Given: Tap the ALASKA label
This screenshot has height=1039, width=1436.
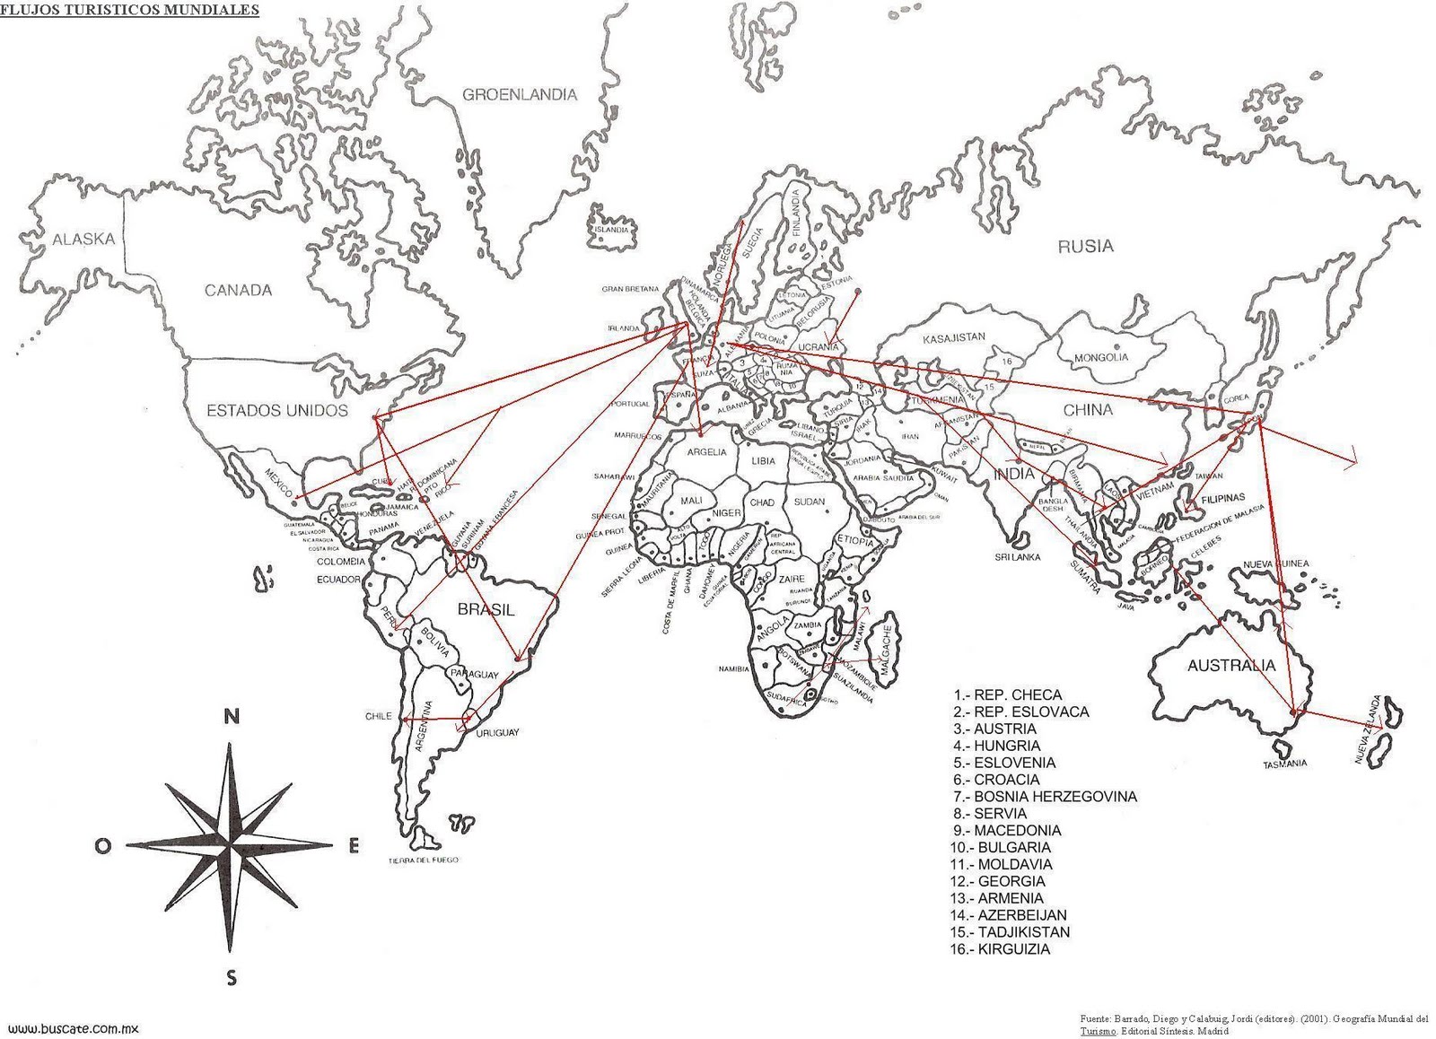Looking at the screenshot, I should (x=83, y=240).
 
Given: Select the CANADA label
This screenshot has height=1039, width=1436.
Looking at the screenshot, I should (x=238, y=291).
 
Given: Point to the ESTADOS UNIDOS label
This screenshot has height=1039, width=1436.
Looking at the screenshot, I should (x=276, y=411).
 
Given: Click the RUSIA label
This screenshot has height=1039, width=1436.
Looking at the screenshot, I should (x=1084, y=246).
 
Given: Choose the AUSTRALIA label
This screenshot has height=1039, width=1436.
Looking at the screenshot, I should (x=1230, y=666).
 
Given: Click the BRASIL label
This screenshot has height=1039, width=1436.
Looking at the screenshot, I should (x=486, y=610).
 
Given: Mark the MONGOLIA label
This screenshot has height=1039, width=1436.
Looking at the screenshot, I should (x=1100, y=357).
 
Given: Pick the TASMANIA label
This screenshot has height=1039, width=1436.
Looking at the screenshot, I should (x=1284, y=764).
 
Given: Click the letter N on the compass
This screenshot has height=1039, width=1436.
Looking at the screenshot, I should (x=232, y=717).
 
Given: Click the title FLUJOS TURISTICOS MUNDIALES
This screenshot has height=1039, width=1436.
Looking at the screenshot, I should (x=130, y=10).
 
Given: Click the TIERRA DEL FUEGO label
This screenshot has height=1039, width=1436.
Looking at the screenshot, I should (x=424, y=860).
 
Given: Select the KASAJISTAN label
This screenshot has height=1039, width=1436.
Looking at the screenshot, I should (x=954, y=337).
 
